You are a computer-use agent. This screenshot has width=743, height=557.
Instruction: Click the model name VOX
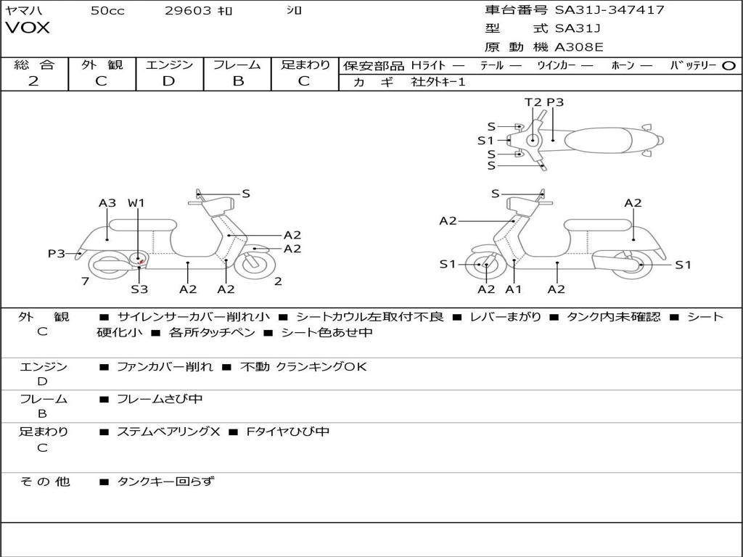tap(28, 28)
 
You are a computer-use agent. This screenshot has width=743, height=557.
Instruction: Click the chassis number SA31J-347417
tap(609, 10)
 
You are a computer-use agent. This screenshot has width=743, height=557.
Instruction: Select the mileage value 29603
tap(189, 11)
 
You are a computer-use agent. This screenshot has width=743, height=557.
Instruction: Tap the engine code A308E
tap(578, 48)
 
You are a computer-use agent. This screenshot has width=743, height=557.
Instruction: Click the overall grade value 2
tap(33, 81)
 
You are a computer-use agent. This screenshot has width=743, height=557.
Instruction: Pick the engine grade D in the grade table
tap(169, 81)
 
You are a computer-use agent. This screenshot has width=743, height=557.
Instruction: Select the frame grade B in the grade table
tap(237, 81)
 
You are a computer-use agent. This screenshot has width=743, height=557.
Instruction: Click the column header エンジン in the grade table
tap(169, 65)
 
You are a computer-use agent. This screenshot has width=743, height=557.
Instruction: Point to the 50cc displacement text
tap(107, 11)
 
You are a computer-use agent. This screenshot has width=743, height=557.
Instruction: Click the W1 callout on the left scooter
tap(136, 203)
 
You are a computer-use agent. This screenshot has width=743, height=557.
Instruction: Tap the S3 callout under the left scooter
tap(139, 289)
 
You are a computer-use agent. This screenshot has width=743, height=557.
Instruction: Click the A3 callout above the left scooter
tap(107, 203)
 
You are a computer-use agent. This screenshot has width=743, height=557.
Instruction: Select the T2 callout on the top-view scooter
tap(533, 102)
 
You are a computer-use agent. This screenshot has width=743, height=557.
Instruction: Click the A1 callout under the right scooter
tap(514, 289)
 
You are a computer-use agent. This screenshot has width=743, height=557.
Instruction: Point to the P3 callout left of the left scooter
tap(57, 253)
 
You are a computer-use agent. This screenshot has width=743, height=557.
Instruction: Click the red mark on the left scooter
tap(141, 261)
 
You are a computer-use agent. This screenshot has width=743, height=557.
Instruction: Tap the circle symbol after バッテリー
tap(729, 65)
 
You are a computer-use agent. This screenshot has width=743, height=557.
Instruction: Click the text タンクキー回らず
tap(165, 481)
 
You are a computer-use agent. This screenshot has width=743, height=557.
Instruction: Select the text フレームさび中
tap(160, 399)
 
